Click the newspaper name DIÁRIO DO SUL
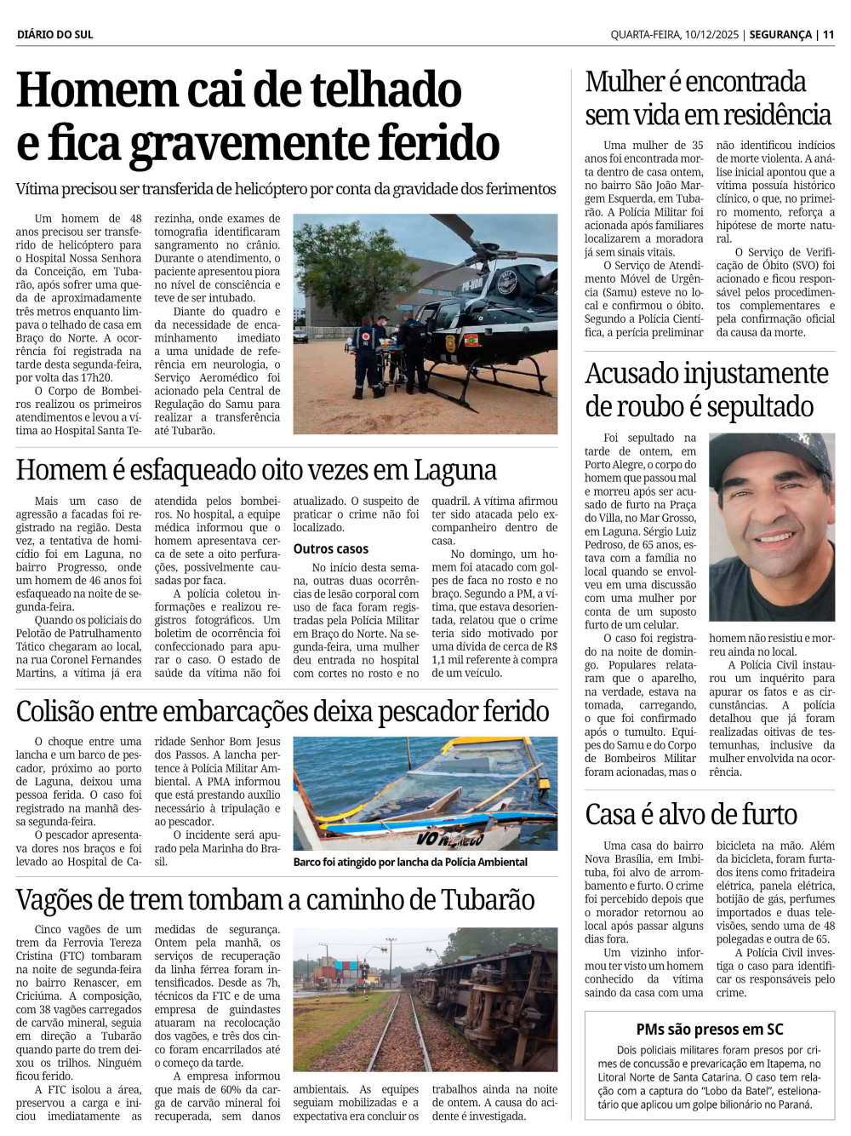54,35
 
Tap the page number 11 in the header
828,35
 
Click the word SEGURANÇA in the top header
780,35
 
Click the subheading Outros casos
331,549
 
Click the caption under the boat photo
410,862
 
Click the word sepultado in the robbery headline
760,407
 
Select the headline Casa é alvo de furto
691,815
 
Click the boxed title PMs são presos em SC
710,1030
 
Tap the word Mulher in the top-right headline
625,82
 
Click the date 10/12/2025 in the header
703,35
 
